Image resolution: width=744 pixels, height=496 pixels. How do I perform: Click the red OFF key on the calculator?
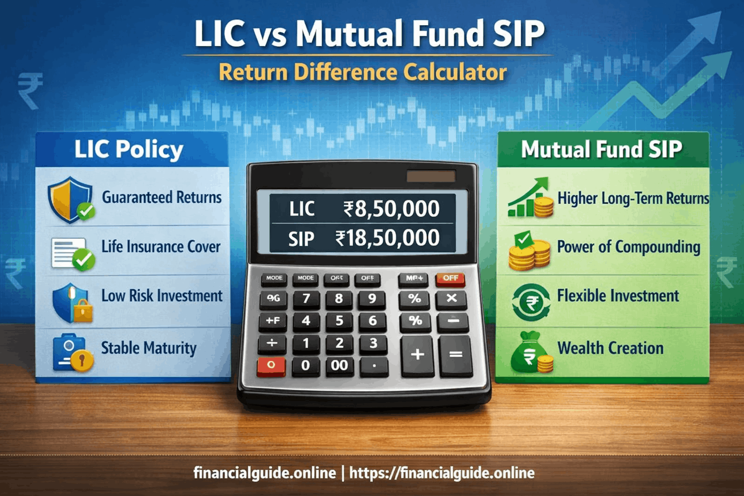[450, 278]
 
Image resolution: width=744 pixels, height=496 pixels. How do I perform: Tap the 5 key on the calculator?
[339, 320]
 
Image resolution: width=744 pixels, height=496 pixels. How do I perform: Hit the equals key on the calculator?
[455, 355]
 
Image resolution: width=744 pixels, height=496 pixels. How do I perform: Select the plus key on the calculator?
[417, 355]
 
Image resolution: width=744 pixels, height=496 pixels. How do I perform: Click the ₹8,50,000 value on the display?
[391, 209]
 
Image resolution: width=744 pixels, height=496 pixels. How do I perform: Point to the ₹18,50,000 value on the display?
[387, 238]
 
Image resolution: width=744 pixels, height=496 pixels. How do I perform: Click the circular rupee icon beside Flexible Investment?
[531, 303]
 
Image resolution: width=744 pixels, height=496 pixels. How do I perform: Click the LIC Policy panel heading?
[129, 149]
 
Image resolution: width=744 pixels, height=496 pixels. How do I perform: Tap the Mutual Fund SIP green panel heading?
[602, 149]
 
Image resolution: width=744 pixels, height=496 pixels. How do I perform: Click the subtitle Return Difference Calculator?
[362, 73]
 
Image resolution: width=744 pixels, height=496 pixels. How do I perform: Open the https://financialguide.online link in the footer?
[442, 473]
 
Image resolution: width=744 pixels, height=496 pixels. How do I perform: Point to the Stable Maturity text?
[149, 348]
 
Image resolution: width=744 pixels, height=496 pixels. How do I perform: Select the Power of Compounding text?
[628, 247]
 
